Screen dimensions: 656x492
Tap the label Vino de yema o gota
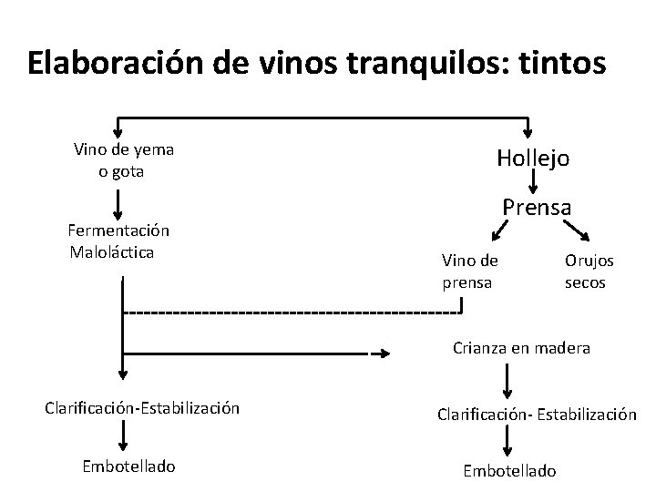(125, 160)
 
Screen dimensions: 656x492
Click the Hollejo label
(533, 158)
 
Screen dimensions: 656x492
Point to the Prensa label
(537, 207)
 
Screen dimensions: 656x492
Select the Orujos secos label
(589, 272)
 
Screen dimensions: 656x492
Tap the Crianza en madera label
(522, 347)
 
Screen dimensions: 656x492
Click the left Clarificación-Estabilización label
(142, 407)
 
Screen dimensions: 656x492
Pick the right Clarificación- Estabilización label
(535, 414)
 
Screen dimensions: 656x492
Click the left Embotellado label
(128, 466)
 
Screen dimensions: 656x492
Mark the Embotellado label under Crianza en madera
(509, 471)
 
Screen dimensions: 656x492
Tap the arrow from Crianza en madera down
(508, 376)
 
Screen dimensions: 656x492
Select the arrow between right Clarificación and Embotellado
(508, 442)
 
